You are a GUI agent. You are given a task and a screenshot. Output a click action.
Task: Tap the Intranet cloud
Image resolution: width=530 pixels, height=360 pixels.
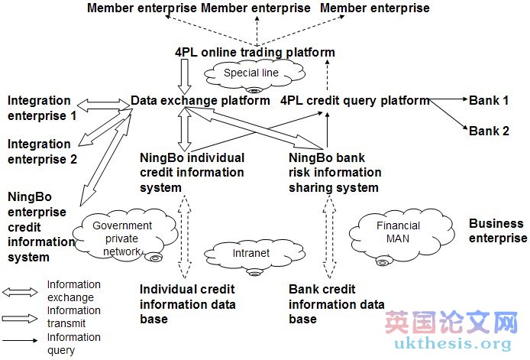click(x=242, y=252)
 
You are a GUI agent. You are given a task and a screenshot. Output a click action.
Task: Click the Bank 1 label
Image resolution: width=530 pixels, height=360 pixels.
click(x=489, y=100)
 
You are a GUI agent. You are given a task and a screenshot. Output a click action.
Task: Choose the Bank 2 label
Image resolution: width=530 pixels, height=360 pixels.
click(x=489, y=131)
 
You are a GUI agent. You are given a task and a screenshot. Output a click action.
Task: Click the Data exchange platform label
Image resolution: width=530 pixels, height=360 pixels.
click(x=200, y=100)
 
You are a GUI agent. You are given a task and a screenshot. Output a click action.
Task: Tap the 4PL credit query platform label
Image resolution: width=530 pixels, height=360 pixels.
click(x=354, y=100)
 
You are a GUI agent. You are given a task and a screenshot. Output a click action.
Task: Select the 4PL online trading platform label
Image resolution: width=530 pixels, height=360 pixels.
click(x=254, y=53)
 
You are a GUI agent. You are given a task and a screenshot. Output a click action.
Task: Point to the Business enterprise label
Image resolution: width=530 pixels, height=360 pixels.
click(x=497, y=231)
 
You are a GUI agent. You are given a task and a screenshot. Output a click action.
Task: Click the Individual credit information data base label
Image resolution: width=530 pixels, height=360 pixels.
click(x=187, y=303)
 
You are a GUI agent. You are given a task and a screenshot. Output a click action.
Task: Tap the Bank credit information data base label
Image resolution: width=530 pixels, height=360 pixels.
click(x=336, y=303)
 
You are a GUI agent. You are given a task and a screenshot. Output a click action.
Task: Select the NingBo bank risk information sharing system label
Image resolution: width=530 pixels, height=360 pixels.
click(x=334, y=173)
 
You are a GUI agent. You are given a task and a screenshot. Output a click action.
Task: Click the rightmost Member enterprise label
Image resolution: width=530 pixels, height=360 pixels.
click(x=374, y=8)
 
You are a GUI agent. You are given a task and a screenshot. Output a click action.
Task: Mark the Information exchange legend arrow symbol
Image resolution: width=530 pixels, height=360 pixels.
click(x=21, y=291)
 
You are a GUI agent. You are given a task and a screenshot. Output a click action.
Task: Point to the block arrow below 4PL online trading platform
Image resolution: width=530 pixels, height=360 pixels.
click(x=186, y=75)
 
